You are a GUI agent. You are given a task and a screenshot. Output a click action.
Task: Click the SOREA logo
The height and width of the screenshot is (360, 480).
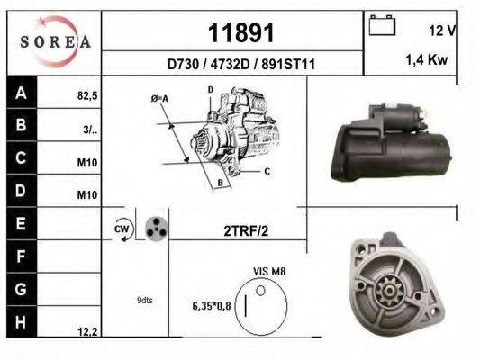tap(51, 41)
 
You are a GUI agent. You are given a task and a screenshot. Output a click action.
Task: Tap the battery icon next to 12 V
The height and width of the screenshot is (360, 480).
tap(383, 28)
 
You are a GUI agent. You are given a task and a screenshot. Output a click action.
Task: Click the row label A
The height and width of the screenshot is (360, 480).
tap(20, 91)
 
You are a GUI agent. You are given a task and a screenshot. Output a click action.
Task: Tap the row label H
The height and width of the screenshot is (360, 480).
tap(20, 321)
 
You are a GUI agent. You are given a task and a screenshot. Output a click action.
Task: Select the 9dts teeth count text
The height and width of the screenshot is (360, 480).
tap(144, 301)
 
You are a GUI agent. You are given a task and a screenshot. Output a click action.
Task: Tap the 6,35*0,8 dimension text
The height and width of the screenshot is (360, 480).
tap(211, 306)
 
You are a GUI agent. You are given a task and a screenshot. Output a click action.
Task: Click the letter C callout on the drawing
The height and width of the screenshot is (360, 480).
tap(267, 170)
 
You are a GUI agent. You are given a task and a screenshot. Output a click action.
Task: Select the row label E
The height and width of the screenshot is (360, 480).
tap(20, 220)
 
